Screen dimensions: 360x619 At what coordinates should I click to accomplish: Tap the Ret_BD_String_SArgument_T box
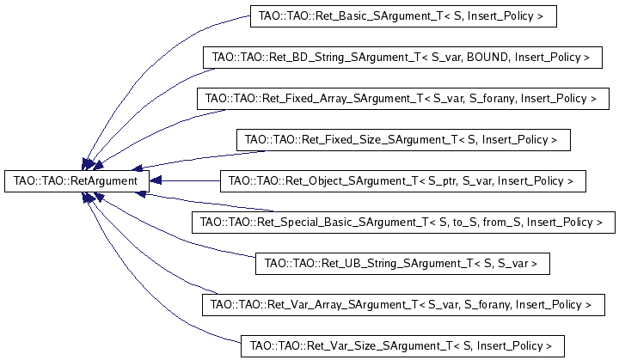401,58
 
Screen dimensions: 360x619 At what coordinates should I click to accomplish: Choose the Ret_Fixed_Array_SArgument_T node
401,99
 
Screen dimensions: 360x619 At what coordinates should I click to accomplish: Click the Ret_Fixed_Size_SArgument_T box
401,139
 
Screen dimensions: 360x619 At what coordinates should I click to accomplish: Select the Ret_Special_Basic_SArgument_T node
403,222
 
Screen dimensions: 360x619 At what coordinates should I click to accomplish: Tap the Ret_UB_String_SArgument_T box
401,263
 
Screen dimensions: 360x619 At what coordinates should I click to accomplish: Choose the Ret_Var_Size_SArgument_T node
396,345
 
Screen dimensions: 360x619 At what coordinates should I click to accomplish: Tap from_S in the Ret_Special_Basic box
499,222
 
